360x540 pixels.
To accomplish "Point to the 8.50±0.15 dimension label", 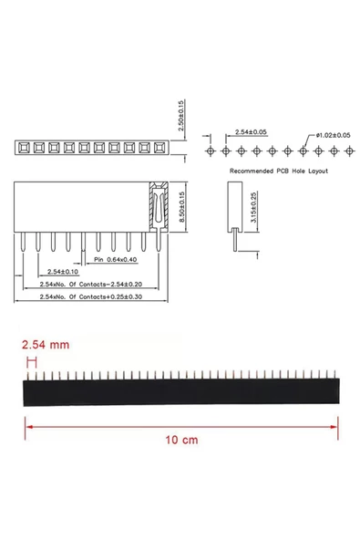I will (182, 209).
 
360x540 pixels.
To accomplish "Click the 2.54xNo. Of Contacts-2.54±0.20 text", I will (91, 285).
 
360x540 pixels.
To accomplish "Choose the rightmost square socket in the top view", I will (161, 146).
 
